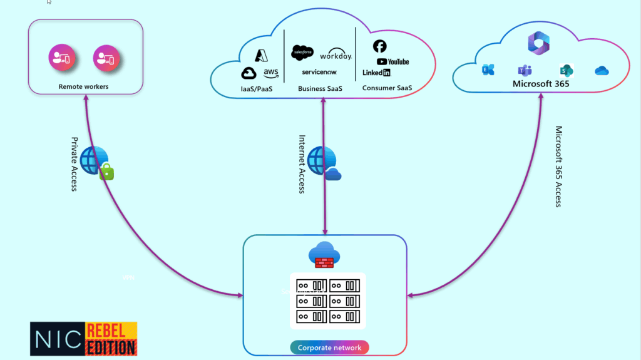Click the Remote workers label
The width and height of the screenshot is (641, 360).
83,86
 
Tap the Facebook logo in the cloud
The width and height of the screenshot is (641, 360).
379,46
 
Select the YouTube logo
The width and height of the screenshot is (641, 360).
392,61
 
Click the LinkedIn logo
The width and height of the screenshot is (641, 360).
376,73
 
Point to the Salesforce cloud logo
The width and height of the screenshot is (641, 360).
302,53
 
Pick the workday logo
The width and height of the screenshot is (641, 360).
336,55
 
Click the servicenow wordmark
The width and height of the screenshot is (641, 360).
319,72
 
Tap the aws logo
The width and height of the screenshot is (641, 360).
270,73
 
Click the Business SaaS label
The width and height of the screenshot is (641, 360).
320,89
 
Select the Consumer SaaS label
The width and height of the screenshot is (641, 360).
387,88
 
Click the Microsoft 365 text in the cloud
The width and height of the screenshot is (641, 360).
541,84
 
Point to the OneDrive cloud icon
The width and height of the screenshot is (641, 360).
602,71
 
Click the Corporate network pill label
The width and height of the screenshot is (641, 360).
329,347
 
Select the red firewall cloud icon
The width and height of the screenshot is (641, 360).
324,255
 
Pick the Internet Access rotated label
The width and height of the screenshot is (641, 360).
302,164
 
